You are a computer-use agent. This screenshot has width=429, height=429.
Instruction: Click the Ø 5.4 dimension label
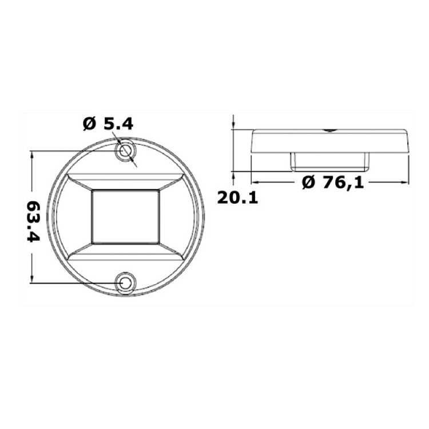[108, 125]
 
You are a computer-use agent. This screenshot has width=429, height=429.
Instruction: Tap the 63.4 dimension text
[34, 221]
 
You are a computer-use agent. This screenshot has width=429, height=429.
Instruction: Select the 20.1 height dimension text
[237, 198]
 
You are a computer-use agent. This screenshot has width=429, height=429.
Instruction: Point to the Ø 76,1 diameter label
[333, 182]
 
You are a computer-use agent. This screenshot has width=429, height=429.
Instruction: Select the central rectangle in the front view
[126, 216]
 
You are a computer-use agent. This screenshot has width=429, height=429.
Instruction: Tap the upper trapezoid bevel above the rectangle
[126, 181]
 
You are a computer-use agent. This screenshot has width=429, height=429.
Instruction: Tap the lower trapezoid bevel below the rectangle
[126, 252]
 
